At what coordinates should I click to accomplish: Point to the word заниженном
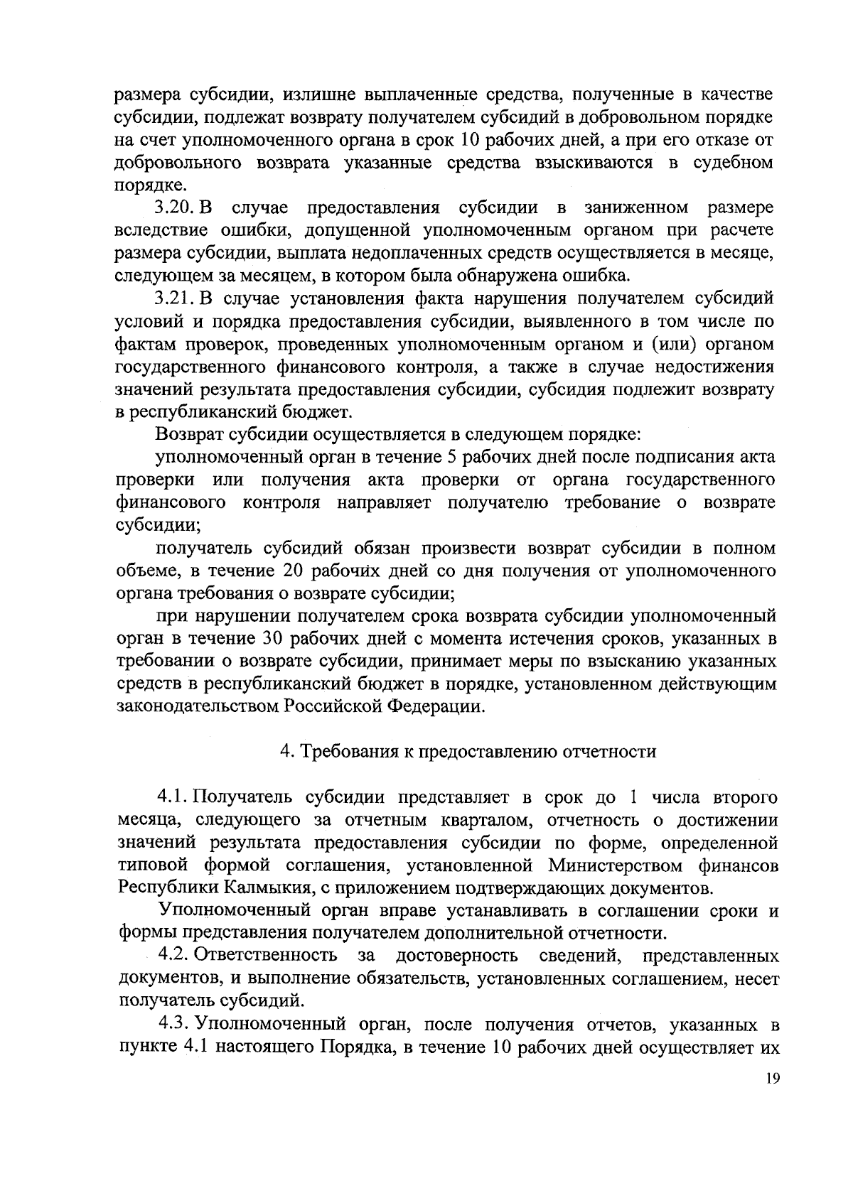tap(635, 208)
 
